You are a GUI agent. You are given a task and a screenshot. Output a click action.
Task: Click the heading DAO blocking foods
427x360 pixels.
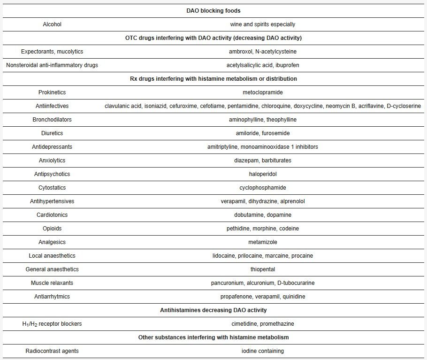pyautogui.click(x=213, y=11)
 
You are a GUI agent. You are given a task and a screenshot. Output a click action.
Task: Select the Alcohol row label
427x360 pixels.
pyautogui.click(x=52, y=24)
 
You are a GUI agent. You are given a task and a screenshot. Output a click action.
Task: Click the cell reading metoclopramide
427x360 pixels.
pyautogui.click(x=263, y=92)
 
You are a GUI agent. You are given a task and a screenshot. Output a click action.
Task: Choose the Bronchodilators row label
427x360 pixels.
pyautogui.click(x=52, y=120)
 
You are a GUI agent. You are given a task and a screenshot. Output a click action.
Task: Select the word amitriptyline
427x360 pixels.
pyautogui.click(x=223, y=147)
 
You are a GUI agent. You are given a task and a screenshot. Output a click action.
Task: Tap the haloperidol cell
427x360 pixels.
pyautogui.click(x=263, y=174)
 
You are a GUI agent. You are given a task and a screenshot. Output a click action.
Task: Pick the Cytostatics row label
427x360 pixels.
pyautogui.click(x=52, y=188)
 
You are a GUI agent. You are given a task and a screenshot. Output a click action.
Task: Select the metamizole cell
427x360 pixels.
pyautogui.click(x=263, y=242)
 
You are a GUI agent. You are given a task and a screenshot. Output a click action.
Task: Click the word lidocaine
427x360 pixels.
pyautogui.click(x=224, y=256)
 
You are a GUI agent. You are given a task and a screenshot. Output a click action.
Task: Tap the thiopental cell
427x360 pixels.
pyautogui.click(x=263, y=269)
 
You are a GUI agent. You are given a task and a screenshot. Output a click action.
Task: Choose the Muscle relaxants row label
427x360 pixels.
pyautogui.click(x=52, y=283)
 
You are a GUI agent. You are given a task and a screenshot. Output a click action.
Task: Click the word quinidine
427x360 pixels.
pyautogui.click(x=294, y=297)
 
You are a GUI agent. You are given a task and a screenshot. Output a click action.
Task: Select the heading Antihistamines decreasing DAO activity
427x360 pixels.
pyautogui.click(x=213, y=310)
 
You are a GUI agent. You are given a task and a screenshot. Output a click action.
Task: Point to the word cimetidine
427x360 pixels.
pyautogui.click(x=245, y=324)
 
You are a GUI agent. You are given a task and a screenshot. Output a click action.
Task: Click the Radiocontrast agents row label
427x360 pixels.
pyautogui.click(x=52, y=351)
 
